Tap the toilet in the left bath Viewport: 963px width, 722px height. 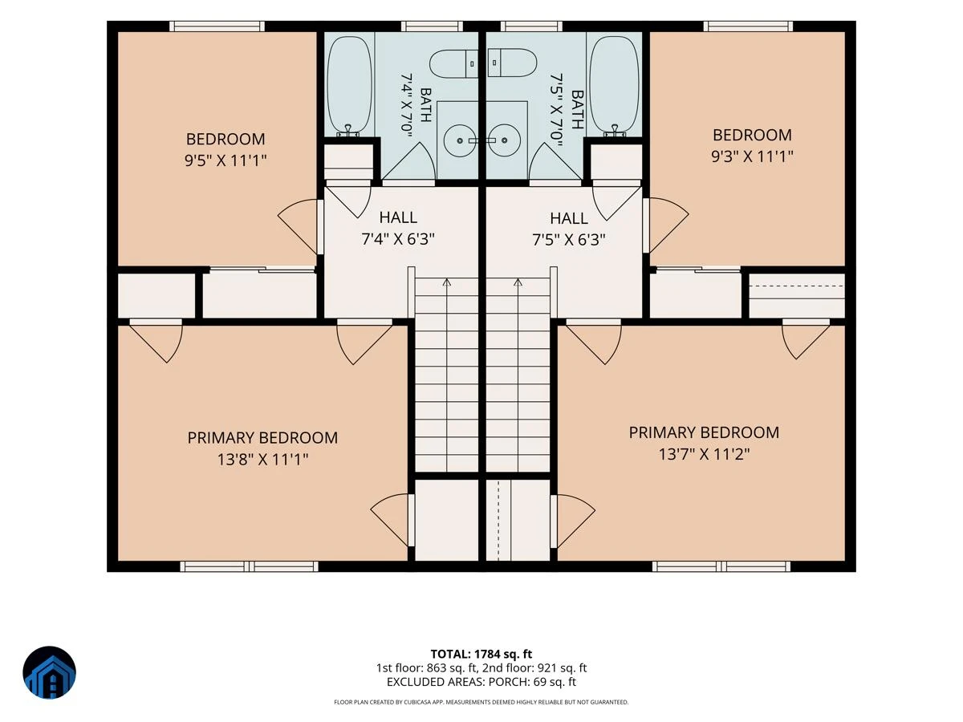[x=453, y=64]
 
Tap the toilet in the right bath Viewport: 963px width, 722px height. [x=512, y=63]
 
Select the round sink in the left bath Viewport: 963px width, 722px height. [x=459, y=140]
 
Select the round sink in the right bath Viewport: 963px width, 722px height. [x=505, y=140]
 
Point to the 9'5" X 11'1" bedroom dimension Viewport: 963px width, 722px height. [x=226, y=160]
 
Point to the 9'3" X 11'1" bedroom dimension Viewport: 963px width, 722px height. [x=752, y=156]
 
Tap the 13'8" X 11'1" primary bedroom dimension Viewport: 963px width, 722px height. [x=262, y=460]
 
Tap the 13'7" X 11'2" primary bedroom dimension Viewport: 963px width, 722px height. [x=704, y=454]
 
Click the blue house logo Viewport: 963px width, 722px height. [x=50, y=672]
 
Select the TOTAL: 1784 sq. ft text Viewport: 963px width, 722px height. [x=481, y=654]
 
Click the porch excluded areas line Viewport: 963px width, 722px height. [x=481, y=682]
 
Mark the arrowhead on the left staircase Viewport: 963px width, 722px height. [x=447, y=282]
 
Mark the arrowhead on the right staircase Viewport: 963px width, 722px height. [x=518, y=282]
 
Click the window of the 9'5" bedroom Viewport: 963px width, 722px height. [x=217, y=26]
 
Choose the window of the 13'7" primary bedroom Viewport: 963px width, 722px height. [x=721, y=566]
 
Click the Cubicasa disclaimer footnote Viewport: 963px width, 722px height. [x=481, y=702]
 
